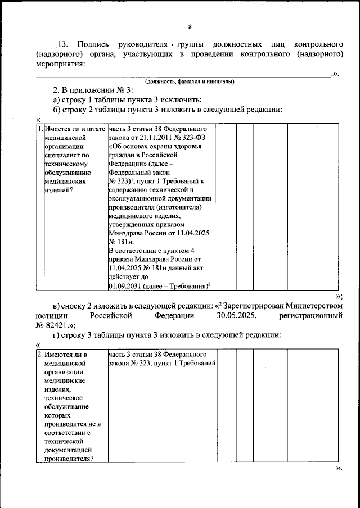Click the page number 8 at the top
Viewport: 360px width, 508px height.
190,27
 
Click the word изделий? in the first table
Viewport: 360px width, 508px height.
58,190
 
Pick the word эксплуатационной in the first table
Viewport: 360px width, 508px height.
134,198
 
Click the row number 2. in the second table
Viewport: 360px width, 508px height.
39,355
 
